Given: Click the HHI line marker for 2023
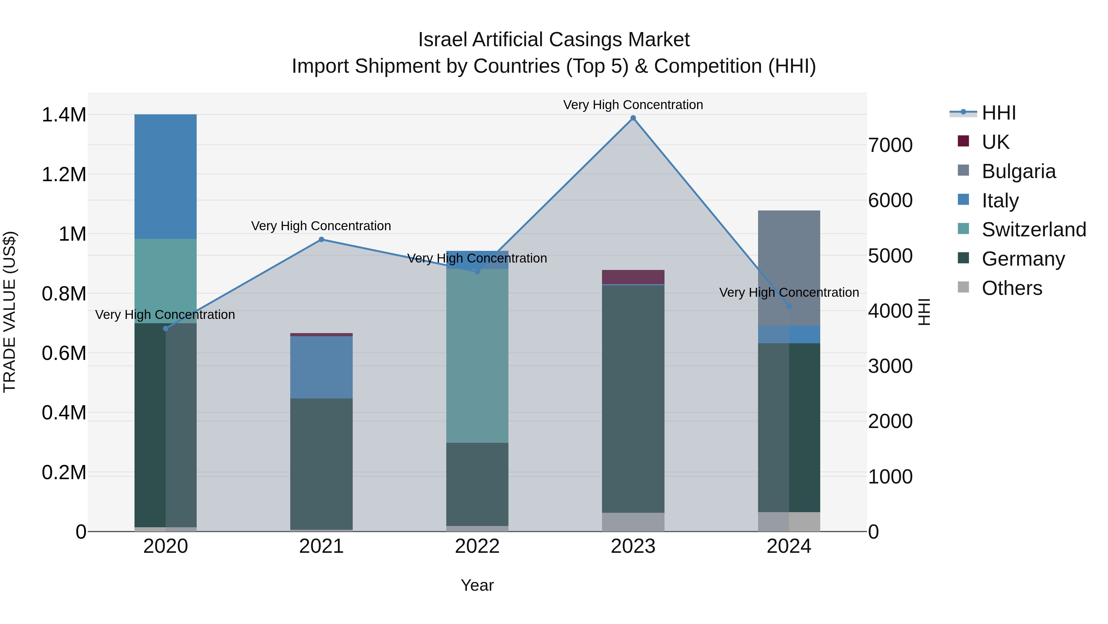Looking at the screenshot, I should click(x=633, y=118).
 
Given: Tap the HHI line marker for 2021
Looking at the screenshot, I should click(x=321, y=239).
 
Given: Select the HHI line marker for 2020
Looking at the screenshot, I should click(x=166, y=328).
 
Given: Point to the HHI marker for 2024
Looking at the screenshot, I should click(x=789, y=306).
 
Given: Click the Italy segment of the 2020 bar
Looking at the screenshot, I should click(x=166, y=177).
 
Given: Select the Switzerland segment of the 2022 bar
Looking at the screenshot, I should click(x=477, y=356).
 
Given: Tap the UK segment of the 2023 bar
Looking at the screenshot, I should click(x=633, y=277).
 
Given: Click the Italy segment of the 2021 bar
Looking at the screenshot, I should click(x=321, y=367).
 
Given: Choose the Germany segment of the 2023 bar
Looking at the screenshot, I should click(x=633, y=398).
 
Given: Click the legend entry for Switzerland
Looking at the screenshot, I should click(x=1034, y=230).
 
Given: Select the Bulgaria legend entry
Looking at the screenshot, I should click(x=1018, y=171).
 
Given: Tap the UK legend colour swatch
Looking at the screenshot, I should click(x=963, y=141).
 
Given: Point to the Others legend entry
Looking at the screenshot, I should click(x=1012, y=288).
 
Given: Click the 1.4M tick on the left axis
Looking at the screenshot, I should click(x=64, y=115).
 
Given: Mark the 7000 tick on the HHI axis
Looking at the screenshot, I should click(x=890, y=145).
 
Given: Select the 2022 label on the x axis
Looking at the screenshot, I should click(x=477, y=546).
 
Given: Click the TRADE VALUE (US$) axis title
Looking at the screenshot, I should click(x=10, y=312).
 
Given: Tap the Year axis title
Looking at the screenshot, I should click(x=477, y=585).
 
